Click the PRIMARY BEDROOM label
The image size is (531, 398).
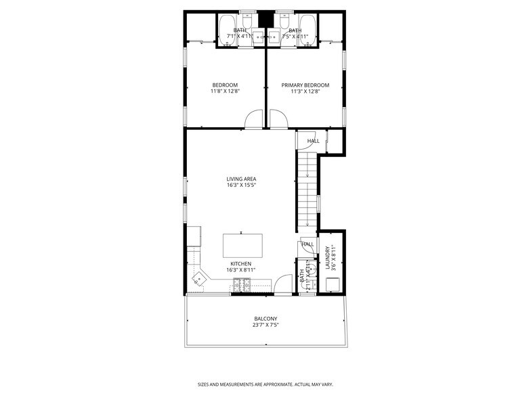[x=305, y=85]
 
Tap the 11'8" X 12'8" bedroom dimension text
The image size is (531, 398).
[x=225, y=91]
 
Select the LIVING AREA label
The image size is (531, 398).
[x=241, y=179]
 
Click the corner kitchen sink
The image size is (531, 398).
[x=201, y=277]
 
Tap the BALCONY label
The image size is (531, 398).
[x=265, y=319]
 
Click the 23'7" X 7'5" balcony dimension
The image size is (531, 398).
[x=265, y=326]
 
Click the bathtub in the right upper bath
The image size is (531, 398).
[x=308, y=30]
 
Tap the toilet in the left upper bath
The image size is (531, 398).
[x=247, y=24]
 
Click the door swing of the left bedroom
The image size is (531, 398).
[x=254, y=120]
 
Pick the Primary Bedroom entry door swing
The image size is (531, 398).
[x=278, y=120]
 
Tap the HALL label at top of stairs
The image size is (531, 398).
[x=313, y=141]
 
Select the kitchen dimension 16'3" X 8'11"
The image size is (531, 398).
[x=241, y=270]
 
